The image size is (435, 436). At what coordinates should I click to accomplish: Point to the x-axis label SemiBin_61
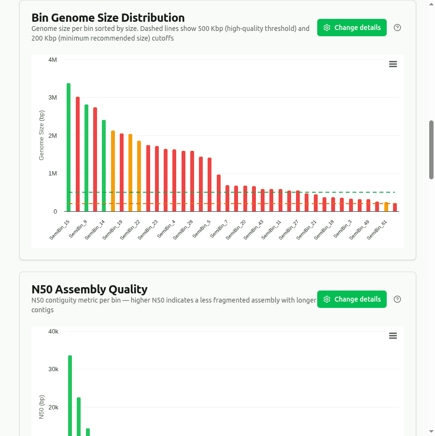click(x=377, y=230)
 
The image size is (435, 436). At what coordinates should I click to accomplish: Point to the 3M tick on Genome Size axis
click(x=52, y=98)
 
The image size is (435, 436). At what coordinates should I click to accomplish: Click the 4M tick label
click(x=52, y=60)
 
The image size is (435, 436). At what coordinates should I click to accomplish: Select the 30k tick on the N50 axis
click(x=53, y=369)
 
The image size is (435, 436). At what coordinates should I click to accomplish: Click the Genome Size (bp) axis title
click(x=42, y=136)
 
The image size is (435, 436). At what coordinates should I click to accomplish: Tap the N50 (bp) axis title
click(x=42, y=407)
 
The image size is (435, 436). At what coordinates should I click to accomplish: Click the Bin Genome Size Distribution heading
click(x=108, y=18)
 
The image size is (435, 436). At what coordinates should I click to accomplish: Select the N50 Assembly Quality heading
click(x=89, y=290)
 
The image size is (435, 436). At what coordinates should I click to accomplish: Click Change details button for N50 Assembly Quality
click(x=351, y=299)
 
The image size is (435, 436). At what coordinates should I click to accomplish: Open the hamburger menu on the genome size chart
click(x=393, y=64)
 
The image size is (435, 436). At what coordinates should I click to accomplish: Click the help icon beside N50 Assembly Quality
click(x=397, y=299)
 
